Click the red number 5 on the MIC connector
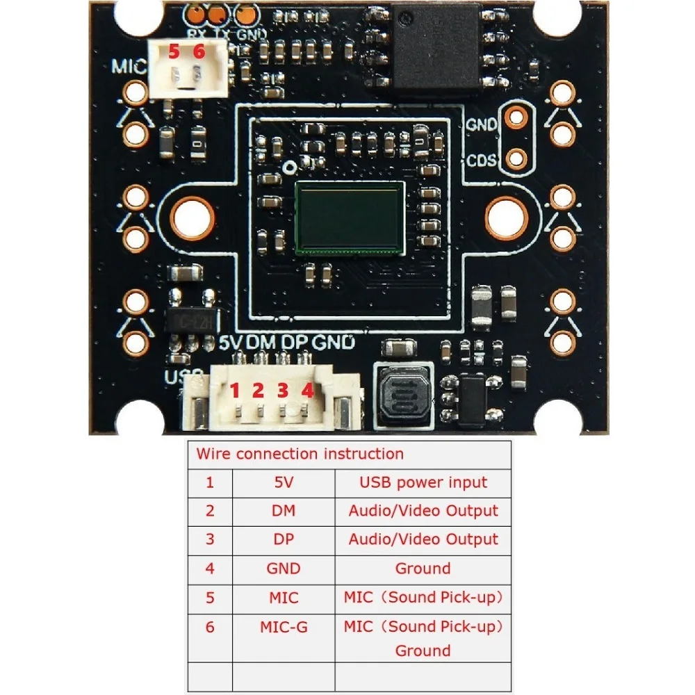coord(174,51)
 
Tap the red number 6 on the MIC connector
coord(199,51)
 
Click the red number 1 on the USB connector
coord(235,391)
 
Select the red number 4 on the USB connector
coord(307,391)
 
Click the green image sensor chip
coord(350,218)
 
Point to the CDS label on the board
coord(482,161)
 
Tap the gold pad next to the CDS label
coord(516,159)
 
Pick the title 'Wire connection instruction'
coord(300,455)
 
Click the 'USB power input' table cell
coord(423,482)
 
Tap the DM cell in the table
coord(284,511)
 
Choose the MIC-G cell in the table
coord(284,627)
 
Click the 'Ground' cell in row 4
coord(423,569)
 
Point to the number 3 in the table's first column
coord(210,539)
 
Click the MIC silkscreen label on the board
coord(129,67)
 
